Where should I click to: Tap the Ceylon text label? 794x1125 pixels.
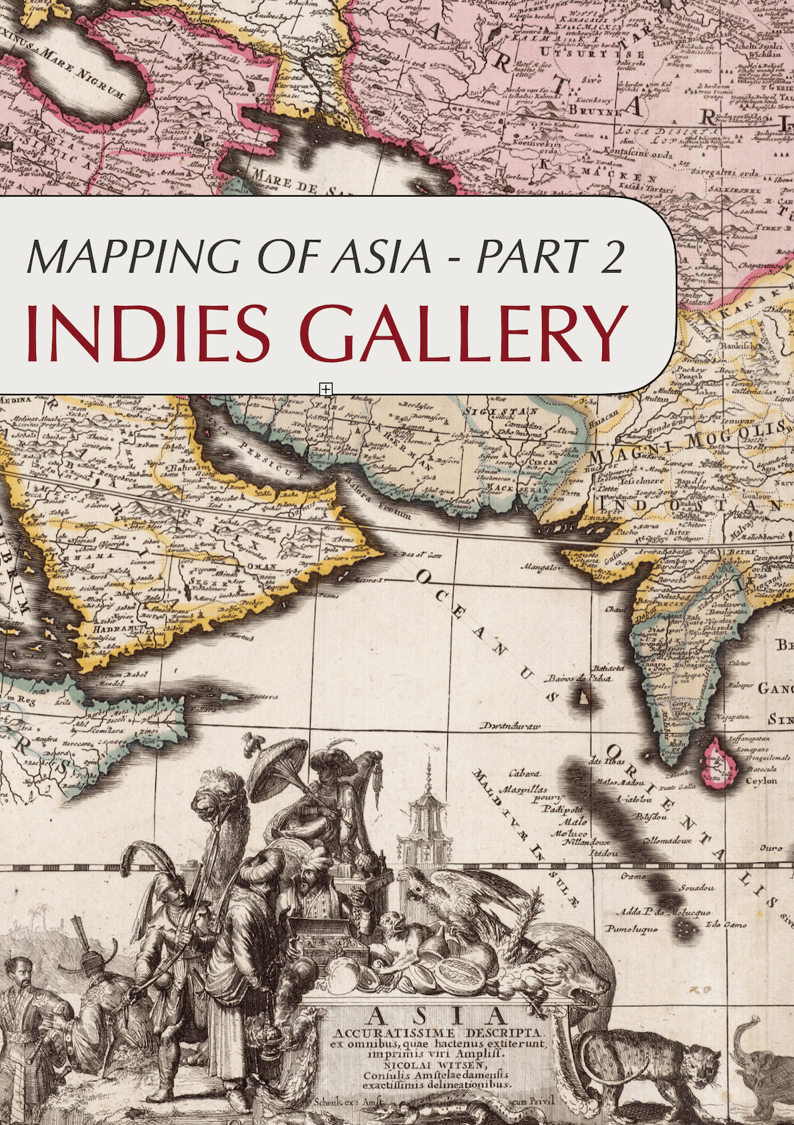pyautogui.click(x=761, y=780)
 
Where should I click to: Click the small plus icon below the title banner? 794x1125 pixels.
pyautogui.click(x=325, y=389)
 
